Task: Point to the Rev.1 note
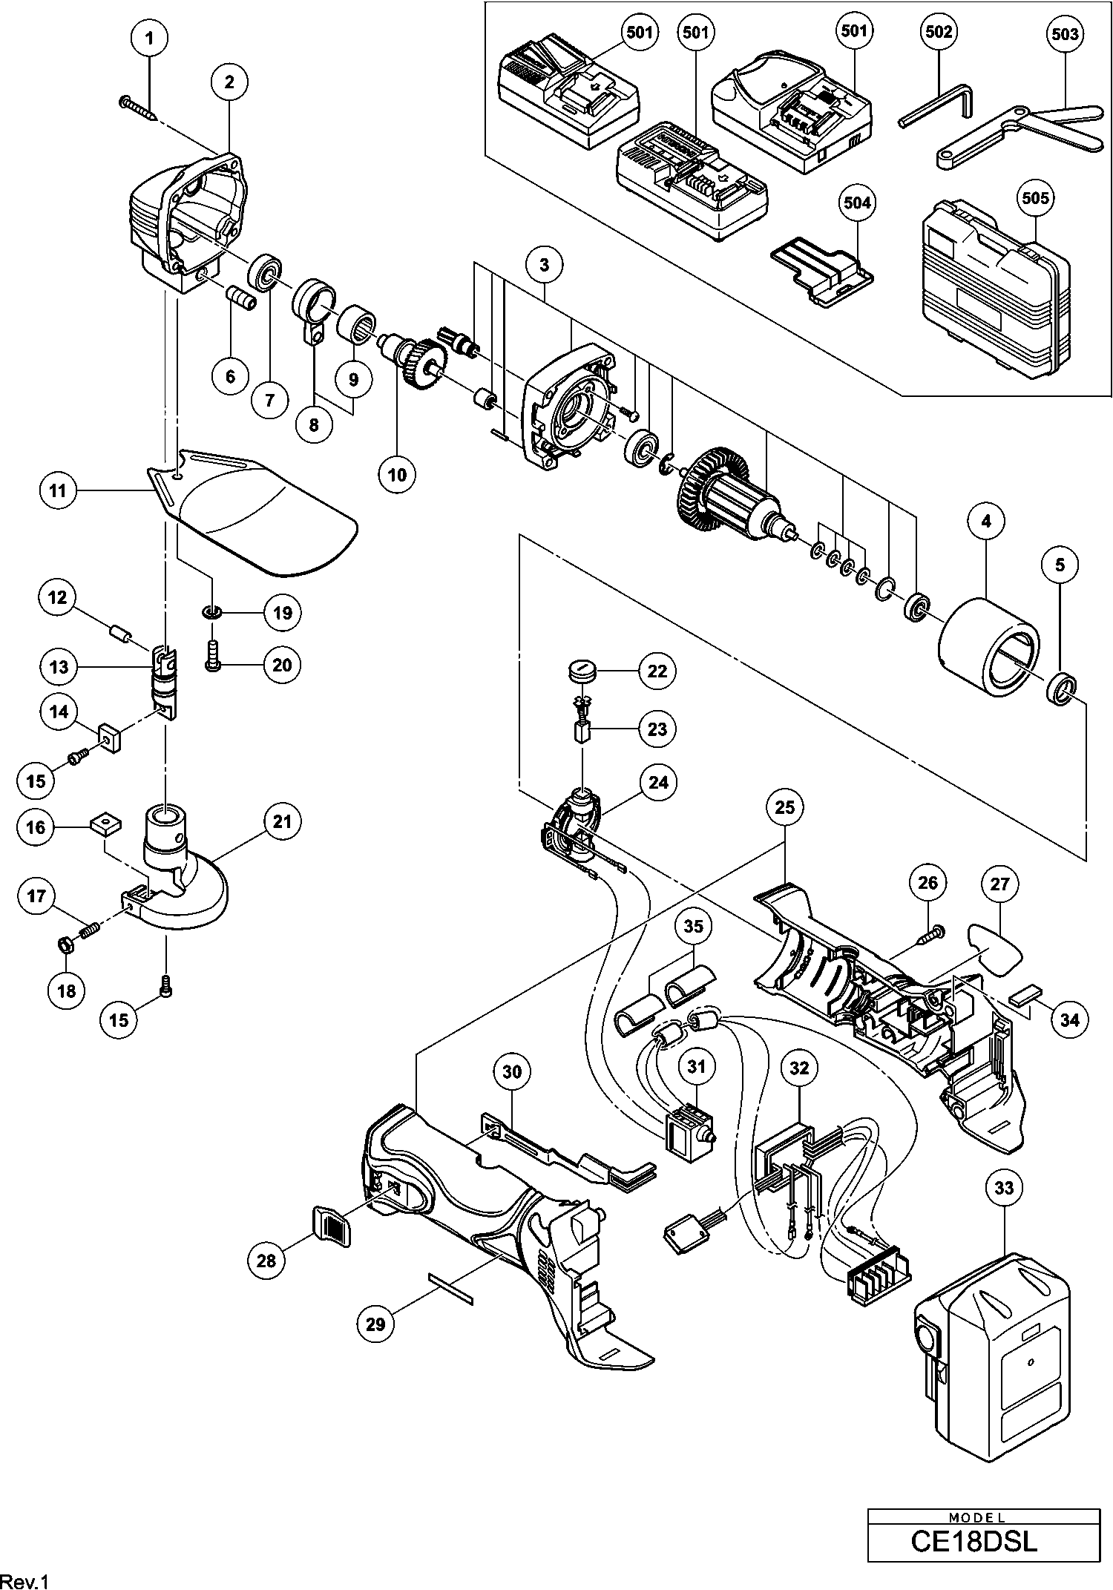[25, 1579]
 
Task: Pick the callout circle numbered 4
[986, 522]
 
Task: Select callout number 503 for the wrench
[1065, 34]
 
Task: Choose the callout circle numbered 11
[59, 491]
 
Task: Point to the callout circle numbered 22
[657, 671]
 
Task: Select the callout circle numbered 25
[784, 807]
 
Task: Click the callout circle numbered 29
[376, 1323]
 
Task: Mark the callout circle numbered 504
[857, 203]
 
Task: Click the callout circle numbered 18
[66, 991]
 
